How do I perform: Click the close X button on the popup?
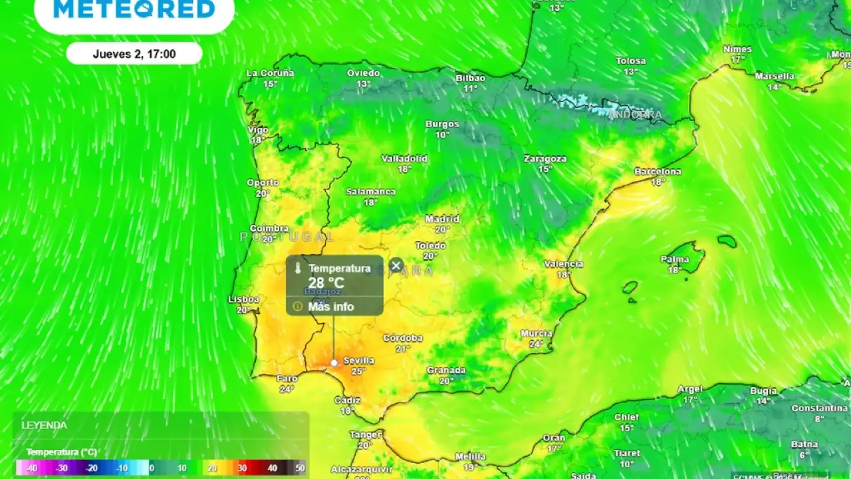point(396,266)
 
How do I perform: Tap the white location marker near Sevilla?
point(334,363)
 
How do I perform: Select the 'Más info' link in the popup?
point(331,306)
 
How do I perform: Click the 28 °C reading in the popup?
point(326,283)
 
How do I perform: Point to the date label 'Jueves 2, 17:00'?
point(134,54)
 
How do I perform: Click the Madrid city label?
point(442,219)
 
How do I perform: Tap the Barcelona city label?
point(658,172)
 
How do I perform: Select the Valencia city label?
point(563,264)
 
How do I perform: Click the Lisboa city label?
point(243,299)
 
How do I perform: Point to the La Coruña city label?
point(270,73)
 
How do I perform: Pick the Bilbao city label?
point(470,78)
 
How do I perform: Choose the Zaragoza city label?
point(545,158)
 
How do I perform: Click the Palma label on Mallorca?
point(675,259)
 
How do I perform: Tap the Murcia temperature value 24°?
point(536,344)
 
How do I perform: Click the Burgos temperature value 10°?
point(442,135)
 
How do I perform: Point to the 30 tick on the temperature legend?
point(242,468)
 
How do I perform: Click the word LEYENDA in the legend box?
point(44,425)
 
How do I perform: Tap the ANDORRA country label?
point(635,115)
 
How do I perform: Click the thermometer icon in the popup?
point(298,268)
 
